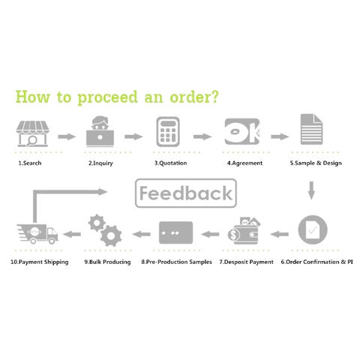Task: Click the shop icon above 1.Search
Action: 32,133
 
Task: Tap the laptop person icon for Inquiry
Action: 100,131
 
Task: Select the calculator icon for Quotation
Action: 168,131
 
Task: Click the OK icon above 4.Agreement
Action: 242,131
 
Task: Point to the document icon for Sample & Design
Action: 311,129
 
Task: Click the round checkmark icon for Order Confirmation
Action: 313,229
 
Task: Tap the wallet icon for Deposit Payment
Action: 244,230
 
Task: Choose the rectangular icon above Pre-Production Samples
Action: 176,232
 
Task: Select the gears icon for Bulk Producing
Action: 105,230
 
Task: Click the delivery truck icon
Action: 37,234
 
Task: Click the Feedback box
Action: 186,193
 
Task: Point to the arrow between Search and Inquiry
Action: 67,136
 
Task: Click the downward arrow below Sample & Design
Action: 311,190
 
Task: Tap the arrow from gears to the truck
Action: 72,234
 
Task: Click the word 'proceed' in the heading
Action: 108,97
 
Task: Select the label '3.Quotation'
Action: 170,163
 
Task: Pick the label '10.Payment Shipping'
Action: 40,262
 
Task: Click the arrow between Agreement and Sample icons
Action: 280,136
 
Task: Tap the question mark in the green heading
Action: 214,97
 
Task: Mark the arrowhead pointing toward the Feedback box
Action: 103,192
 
